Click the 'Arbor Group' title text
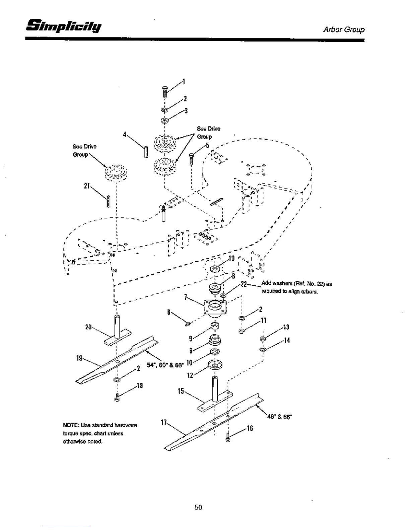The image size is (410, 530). [x=344, y=29]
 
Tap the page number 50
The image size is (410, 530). [x=198, y=507]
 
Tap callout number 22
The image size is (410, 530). [x=244, y=284]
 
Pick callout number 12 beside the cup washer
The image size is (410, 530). [x=190, y=375]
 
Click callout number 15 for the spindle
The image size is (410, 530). [x=181, y=391]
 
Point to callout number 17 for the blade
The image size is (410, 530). [x=163, y=423]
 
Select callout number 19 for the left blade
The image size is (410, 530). [x=79, y=358]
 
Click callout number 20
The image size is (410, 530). [x=88, y=327]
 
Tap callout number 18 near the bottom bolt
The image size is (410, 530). [x=140, y=385]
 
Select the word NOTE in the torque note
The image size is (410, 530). [x=69, y=425]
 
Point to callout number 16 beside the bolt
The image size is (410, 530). [x=250, y=429]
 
